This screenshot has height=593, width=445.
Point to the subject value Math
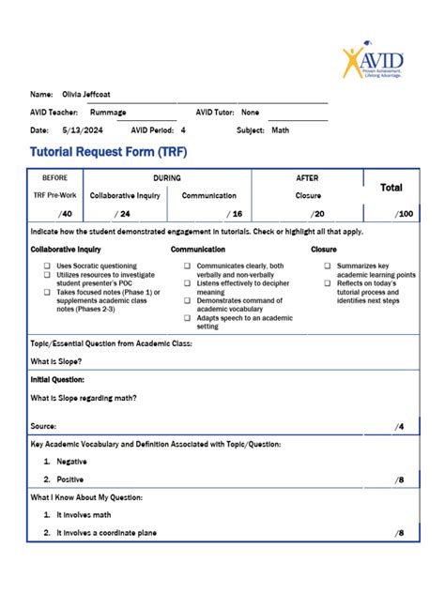280,129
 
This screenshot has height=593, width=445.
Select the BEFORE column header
55,177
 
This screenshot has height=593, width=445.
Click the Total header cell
391,188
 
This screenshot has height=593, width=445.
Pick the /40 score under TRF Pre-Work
64,214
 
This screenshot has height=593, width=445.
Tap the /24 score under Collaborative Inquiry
122,214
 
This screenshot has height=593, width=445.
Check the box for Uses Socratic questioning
47,266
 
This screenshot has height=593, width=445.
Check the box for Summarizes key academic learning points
328,266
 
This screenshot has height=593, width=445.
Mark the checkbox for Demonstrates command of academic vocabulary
188,300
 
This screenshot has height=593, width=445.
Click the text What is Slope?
55,361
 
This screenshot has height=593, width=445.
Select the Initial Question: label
57,379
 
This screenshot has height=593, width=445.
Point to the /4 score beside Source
399,427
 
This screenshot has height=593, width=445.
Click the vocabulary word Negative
71,462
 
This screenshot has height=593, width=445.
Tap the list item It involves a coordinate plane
106,533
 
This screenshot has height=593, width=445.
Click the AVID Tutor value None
251,112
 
